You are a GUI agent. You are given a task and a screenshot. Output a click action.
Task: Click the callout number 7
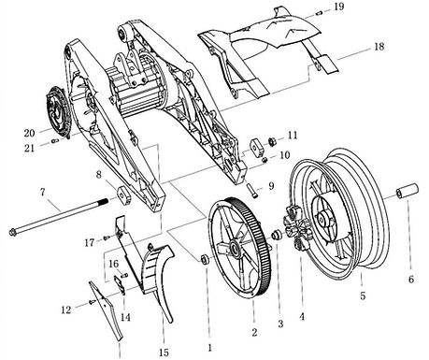pos(43,192)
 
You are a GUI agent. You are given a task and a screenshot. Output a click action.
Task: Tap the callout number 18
pos(379,47)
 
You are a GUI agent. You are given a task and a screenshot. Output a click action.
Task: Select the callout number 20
pos(29,133)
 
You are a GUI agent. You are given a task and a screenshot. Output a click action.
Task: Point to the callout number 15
pos(164,353)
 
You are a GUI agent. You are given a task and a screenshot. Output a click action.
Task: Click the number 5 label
pos(363,295)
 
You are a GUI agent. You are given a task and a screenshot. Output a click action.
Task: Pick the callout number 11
pos(293,136)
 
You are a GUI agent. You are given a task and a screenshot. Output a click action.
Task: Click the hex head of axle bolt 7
pos(14,232)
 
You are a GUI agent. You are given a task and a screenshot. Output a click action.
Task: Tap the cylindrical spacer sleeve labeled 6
pos(407,191)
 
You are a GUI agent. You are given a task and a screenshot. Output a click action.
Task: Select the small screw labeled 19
pos(319,13)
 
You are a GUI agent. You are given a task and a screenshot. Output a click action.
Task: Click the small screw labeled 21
pos(56,141)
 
